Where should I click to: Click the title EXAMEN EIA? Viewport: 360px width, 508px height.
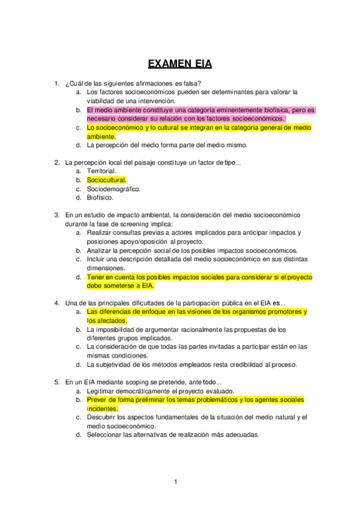pos(180,64)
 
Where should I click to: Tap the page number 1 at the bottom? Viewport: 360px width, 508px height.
pos(176,482)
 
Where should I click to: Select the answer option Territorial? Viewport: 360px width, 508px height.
pos(101,171)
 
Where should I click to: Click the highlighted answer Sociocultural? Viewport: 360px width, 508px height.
pos(106,180)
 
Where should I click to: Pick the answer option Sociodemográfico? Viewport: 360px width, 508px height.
pos(114,189)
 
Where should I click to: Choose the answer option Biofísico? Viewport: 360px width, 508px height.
pos(100,197)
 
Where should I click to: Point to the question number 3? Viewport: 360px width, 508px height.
pos(56,214)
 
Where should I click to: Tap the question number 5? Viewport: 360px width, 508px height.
pos(56,382)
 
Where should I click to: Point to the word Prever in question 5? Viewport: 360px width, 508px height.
pos(97,400)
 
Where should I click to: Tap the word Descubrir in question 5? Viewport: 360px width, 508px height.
pos(102,417)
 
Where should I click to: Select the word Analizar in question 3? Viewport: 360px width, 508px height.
pos(100,250)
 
